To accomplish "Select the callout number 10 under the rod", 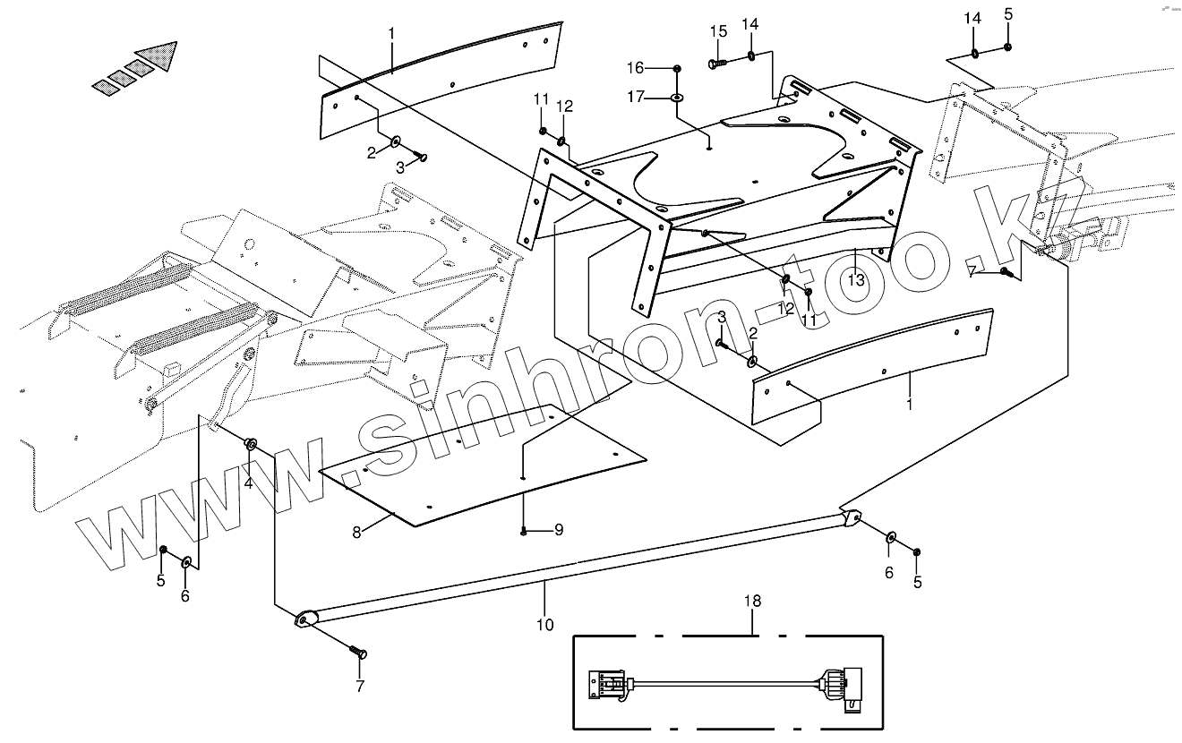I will [x=545, y=625].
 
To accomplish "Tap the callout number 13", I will [x=856, y=279].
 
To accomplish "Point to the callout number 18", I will [x=752, y=601].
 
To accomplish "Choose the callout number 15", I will [x=718, y=31].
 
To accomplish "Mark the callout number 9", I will [x=558, y=530].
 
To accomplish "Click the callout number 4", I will [x=249, y=483].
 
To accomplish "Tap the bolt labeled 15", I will [x=716, y=64].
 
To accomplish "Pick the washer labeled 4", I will [x=252, y=443].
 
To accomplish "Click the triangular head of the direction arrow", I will [x=161, y=56].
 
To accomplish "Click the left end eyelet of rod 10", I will [x=306, y=618].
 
